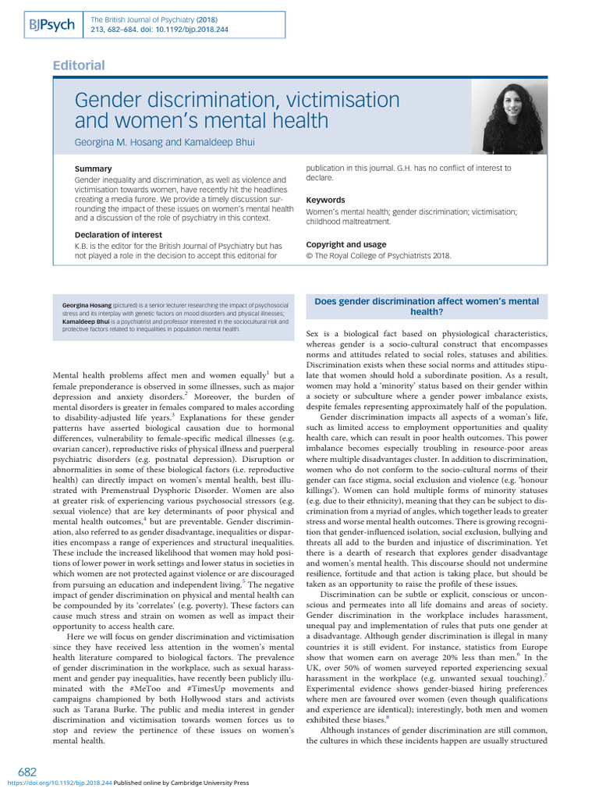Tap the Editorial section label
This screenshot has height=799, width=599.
79,66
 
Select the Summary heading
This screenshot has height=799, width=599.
92,169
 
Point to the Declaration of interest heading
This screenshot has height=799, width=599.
118,235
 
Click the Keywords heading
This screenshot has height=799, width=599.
325,200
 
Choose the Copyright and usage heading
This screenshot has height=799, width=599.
345,244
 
